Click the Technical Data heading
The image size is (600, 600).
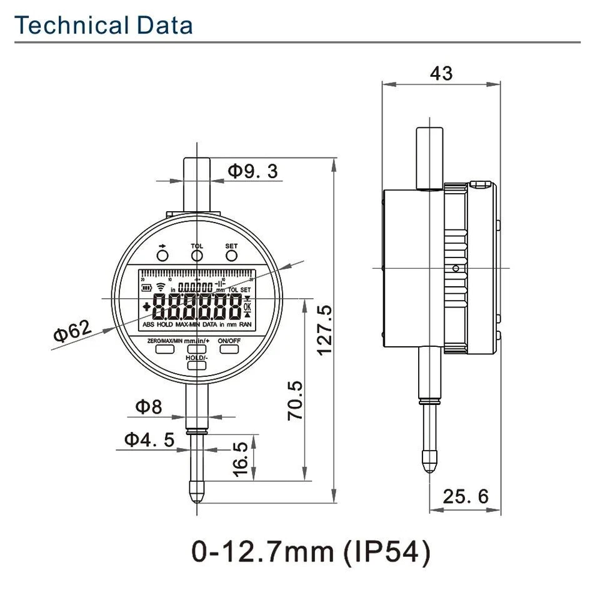coord(104,25)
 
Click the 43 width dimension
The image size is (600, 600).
coord(441,73)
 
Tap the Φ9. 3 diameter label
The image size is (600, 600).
coord(252,171)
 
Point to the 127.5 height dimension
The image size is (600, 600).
coord(324,330)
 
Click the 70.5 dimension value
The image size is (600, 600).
coord(294,400)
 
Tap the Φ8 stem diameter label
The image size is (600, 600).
coord(149,407)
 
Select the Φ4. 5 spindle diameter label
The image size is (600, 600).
coord(149,439)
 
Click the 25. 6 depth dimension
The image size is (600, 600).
coord(466,496)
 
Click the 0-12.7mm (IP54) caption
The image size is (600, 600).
coord(311,552)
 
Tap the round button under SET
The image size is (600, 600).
coord(231,256)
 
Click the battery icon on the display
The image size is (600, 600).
coord(147,288)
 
